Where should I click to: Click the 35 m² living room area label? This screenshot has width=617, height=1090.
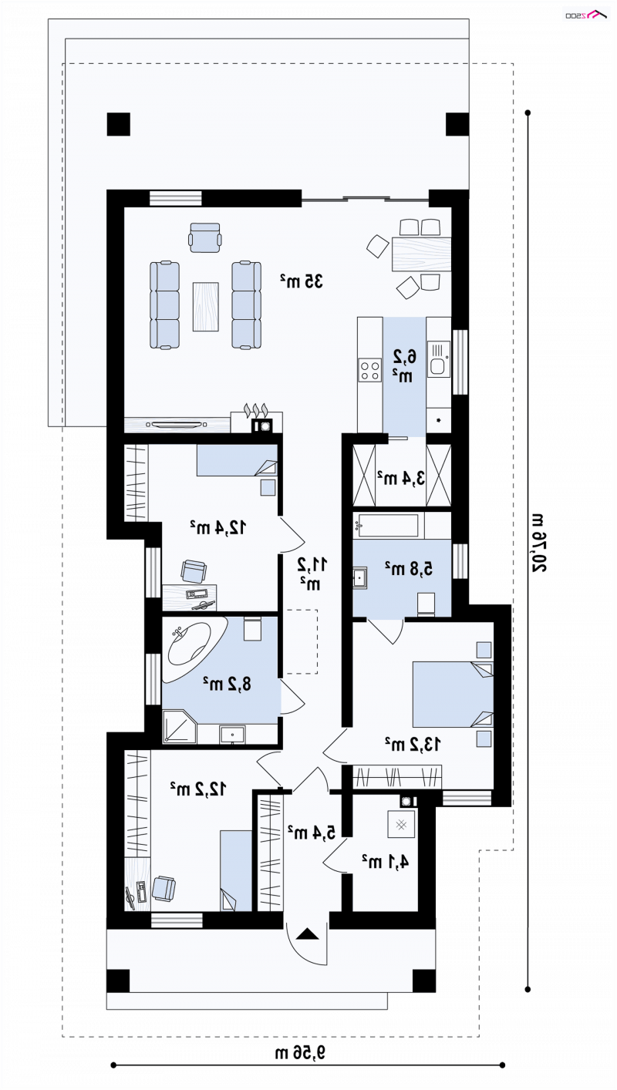point(302,281)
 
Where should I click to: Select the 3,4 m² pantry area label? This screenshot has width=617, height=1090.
point(401,478)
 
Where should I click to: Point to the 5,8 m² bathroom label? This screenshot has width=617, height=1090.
point(409,568)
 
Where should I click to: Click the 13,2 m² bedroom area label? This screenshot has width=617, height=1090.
point(413,744)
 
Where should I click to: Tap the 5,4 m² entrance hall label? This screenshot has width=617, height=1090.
point(312,832)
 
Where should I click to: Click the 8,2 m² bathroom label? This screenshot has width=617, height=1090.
point(227,684)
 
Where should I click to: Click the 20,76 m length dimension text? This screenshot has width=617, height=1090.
point(538,543)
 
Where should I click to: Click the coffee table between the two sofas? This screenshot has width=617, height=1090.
point(205,307)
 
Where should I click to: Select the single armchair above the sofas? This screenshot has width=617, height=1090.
point(205,237)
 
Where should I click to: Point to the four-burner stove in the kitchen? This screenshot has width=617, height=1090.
point(369,370)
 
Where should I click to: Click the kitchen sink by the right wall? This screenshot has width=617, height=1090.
point(439,358)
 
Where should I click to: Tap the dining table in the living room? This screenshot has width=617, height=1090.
point(421,254)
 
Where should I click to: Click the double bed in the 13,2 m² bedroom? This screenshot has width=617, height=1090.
point(453,694)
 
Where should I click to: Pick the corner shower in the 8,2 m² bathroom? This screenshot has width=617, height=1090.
point(180,727)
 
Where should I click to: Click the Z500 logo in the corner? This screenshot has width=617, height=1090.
point(586,15)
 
